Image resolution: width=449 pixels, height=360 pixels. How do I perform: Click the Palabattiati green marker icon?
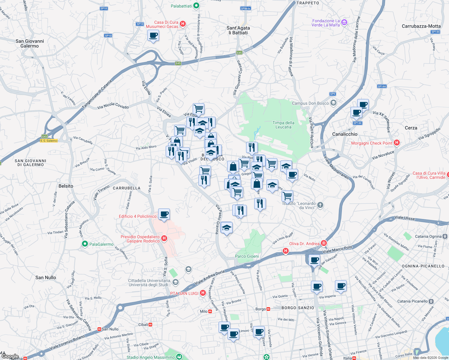point(196,6)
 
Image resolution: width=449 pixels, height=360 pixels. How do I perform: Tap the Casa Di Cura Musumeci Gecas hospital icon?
point(182,24)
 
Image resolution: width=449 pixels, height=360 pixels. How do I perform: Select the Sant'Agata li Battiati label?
point(238,30)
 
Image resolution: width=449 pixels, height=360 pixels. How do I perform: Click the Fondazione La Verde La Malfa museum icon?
point(344,22)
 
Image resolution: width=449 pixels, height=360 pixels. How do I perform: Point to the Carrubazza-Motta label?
point(421,26)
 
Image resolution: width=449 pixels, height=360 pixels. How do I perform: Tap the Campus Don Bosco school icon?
point(333,103)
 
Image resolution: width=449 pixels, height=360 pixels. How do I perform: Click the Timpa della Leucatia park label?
point(283,125)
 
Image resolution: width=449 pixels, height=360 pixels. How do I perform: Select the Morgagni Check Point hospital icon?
point(397,143)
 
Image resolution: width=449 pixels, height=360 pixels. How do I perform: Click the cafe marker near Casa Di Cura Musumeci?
point(153,36)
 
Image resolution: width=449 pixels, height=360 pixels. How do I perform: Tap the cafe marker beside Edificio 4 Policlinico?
point(164,214)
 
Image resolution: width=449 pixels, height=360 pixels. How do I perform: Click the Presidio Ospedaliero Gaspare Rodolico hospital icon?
point(164,238)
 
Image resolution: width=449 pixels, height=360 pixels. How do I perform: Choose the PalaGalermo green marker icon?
point(85,244)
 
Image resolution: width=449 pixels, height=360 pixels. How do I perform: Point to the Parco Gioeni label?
point(247,256)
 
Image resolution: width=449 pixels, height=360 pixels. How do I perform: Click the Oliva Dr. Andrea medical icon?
point(324,243)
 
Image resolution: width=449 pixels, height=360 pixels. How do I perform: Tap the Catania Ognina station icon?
point(445,236)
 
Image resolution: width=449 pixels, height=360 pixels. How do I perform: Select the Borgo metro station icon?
point(268,309)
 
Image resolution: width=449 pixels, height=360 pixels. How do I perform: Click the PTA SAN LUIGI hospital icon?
point(203,293)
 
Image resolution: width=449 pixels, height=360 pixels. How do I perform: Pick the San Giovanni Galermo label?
point(30,43)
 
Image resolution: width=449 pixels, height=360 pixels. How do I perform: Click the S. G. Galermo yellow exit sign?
point(49,141)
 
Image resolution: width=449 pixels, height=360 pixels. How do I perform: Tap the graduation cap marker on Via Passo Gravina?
point(226,228)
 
